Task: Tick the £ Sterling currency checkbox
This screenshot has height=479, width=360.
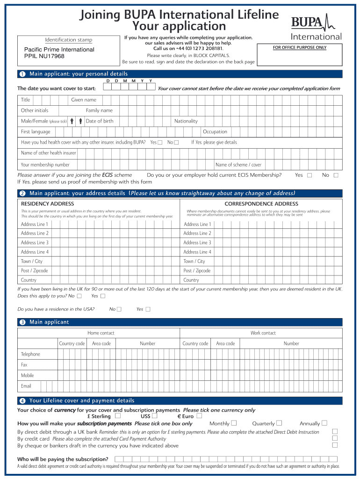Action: click(x=117, y=416)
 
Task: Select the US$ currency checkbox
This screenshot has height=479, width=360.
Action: click(x=154, y=416)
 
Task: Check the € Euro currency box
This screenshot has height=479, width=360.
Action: click(x=199, y=416)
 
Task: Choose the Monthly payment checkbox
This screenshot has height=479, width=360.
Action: click(x=234, y=423)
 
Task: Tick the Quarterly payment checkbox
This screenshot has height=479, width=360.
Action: click(x=279, y=423)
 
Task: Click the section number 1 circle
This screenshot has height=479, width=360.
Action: click(x=22, y=74)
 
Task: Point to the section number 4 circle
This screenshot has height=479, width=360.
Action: click(x=22, y=401)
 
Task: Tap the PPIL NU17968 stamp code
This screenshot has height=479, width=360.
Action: click(x=44, y=57)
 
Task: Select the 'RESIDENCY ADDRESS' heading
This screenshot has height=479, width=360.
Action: click(x=47, y=204)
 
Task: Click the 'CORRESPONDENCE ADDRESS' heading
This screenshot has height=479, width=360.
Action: click(x=261, y=204)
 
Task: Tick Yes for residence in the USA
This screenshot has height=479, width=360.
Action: click(x=148, y=309)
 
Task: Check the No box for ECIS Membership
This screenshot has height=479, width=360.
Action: click(x=335, y=175)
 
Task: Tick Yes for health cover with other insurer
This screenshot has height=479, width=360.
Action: click(x=160, y=142)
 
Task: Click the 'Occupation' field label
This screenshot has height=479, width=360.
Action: click(x=215, y=132)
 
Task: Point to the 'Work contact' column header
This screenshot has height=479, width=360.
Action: click(x=263, y=333)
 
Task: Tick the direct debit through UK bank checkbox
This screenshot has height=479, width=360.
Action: click(x=334, y=431)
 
